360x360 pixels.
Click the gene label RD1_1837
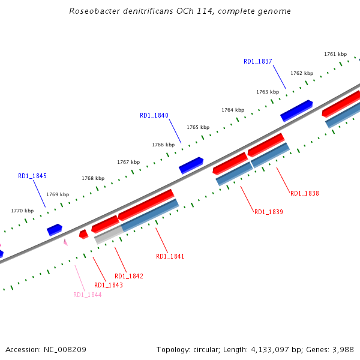point(258,61)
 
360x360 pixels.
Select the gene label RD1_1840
point(154,115)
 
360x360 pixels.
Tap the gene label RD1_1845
point(32,176)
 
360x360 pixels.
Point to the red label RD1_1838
point(305,193)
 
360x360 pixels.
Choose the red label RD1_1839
point(269,212)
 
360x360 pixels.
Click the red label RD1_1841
point(170,256)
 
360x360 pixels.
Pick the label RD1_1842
point(129,276)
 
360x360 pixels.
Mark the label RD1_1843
point(109,285)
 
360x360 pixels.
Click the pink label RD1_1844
point(88,295)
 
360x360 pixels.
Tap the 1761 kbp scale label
point(335,54)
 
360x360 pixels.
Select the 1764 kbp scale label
point(233,110)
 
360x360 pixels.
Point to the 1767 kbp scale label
point(128,162)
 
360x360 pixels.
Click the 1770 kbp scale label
point(22,211)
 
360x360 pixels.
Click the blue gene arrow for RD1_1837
point(296,110)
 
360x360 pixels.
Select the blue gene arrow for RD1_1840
point(191,165)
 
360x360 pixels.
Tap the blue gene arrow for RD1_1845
point(55,229)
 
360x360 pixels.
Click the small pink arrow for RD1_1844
point(65,242)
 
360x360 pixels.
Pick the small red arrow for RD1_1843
point(83,233)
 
